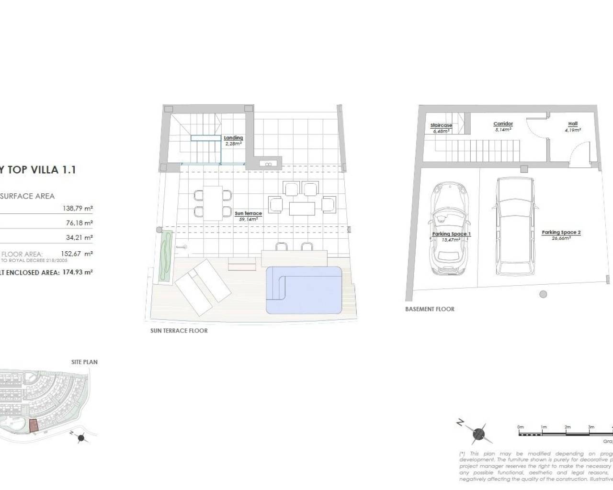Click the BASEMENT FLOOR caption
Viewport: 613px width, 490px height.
tap(430, 309)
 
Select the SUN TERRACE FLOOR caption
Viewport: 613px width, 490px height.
tap(179, 331)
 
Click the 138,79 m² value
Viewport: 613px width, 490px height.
tap(78, 208)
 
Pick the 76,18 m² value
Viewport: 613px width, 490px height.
tap(79, 223)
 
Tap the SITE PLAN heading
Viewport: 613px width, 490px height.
tap(84, 362)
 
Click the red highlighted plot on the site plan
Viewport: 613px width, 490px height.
tap(33, 425)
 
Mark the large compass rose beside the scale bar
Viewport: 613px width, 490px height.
tap(478, 434)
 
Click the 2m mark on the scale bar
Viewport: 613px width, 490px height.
tap(568, 427)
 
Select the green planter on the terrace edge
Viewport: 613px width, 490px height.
tap(166, 257)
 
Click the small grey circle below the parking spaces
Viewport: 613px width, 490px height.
tap(543, 294)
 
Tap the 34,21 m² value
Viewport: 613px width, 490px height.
tap(79, 237)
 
